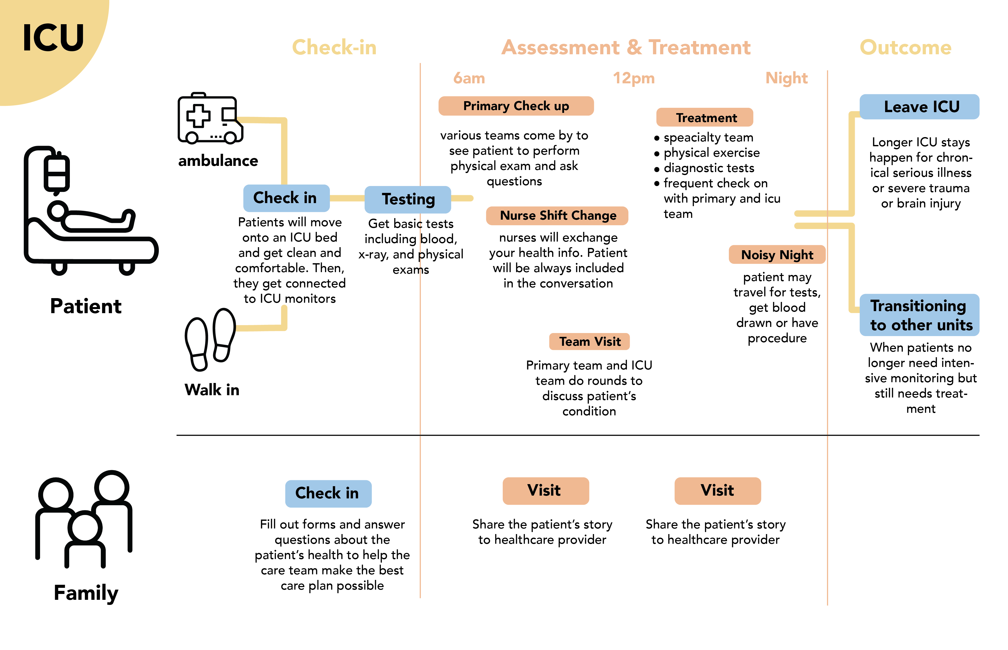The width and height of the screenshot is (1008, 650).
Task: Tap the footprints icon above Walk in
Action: [210, 340]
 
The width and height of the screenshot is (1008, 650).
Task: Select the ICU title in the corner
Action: [53, 38]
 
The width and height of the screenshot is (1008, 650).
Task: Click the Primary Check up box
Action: [516, 106]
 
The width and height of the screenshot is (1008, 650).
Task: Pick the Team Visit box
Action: [589, 341]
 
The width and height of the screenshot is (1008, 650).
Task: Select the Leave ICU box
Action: [919, 107]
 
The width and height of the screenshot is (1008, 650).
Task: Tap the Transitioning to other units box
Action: [919, 315]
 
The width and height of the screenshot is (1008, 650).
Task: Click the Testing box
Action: [407, 199]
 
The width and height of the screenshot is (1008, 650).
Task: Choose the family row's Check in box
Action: [328, 493]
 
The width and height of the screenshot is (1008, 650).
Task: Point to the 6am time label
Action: [469, 78]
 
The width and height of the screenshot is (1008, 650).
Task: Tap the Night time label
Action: [786, 78]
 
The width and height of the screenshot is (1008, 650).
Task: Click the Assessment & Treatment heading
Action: [626, 47]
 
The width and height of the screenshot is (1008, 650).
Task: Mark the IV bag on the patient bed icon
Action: [56, 174]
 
